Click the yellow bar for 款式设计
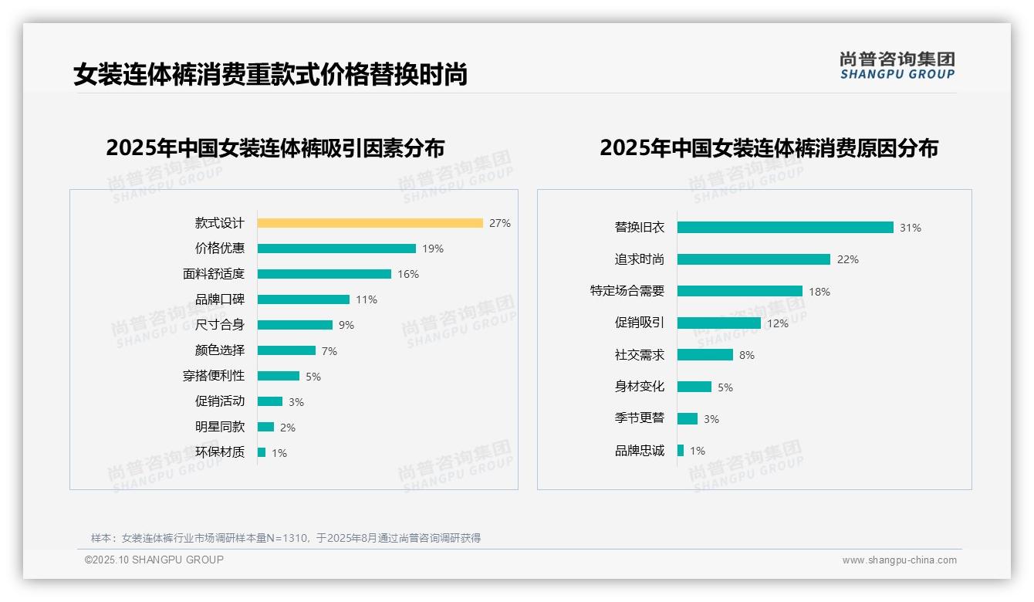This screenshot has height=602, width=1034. click(x=370, y=223)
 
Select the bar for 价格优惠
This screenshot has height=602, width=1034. click(x=336, y=249)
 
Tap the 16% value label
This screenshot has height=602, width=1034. click(x=408, y=274)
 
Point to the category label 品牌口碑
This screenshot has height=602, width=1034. click(x=220, y=299)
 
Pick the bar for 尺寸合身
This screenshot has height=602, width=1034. click(x=295, y=325)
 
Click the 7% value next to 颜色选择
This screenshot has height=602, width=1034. click(x=329, y=351)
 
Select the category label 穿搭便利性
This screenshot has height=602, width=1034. click(x=214, y=376)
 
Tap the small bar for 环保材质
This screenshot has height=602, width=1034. click(x=262, y=452)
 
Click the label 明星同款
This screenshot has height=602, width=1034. click(x=220, y=427)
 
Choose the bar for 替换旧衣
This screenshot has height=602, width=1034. click(x=785, y=228)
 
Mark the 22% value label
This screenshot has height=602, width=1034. click(x=847, y=259)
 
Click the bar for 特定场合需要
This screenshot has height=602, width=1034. click(x=739, y=291)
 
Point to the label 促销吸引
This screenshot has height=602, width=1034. click(x=639, y=323)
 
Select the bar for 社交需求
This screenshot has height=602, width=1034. click(x=705, y=355)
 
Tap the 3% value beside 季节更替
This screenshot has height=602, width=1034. click(x=711, y=419)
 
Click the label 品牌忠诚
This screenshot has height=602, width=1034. click(x=639, y=451)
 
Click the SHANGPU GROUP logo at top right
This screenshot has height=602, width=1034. click(x=897, y=66)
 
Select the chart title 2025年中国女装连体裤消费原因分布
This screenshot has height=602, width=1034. click(x=769, y=148)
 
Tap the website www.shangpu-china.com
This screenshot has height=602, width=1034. click(x=899, y=560)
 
